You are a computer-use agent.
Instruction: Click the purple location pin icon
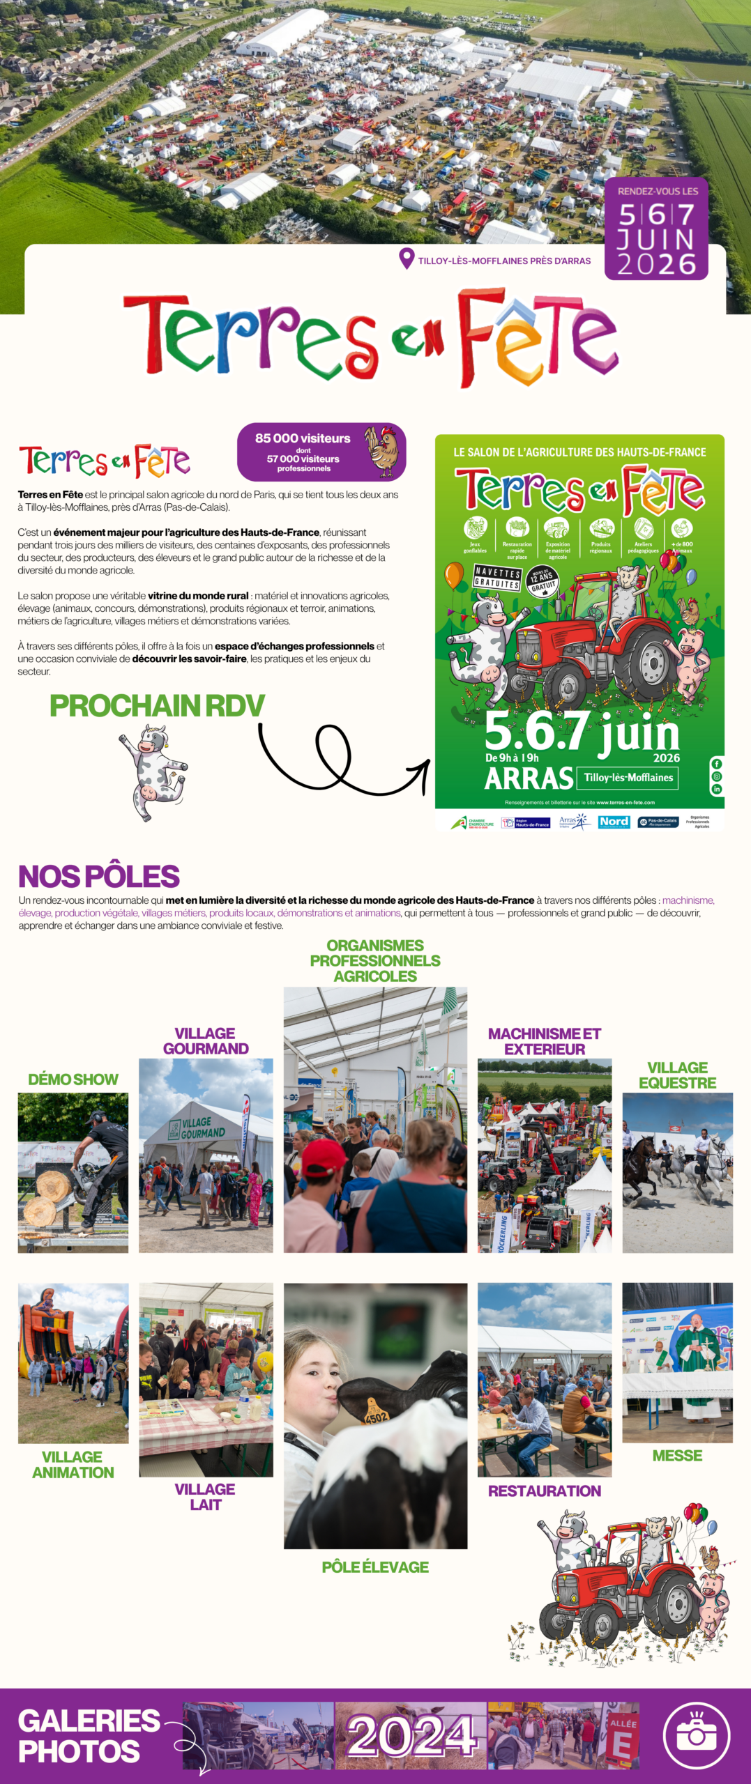407,259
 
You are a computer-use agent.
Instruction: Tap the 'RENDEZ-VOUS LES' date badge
656,229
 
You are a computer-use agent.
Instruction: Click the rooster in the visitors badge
383,452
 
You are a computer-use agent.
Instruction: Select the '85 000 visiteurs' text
303,438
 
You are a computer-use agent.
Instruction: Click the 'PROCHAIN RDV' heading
157,706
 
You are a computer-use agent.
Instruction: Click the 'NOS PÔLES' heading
99,876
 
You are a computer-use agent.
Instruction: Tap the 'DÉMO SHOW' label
73,1079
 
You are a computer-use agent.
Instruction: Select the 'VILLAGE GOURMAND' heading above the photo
206,1041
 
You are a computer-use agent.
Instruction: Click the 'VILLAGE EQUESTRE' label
677,1075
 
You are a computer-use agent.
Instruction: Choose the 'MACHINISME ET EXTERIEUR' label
545,1041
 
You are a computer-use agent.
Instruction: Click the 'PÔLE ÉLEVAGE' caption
375,1567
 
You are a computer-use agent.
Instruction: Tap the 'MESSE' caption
677,1456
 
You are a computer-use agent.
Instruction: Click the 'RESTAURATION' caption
545,1491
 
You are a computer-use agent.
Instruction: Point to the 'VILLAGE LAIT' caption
205,1497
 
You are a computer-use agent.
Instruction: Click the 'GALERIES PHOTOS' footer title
89,1736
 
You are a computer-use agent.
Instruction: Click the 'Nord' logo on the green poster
614,822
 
